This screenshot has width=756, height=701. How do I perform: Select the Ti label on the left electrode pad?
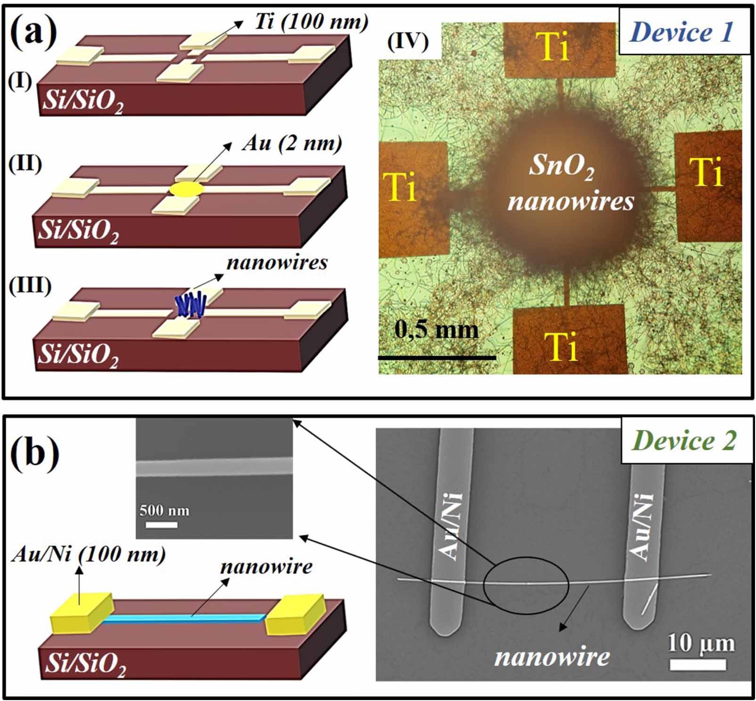(400, 187)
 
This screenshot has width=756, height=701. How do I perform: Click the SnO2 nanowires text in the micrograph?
(571, 183)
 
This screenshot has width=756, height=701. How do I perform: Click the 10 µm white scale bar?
(698, 665)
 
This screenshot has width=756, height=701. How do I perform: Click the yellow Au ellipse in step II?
(187, 190)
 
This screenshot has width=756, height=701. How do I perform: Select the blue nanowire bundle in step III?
(191, 305)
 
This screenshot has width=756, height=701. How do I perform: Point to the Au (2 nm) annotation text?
(292, 143)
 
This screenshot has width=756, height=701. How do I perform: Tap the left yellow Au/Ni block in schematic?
(82, 613)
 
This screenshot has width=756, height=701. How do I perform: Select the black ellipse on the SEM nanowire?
(526, 585)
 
